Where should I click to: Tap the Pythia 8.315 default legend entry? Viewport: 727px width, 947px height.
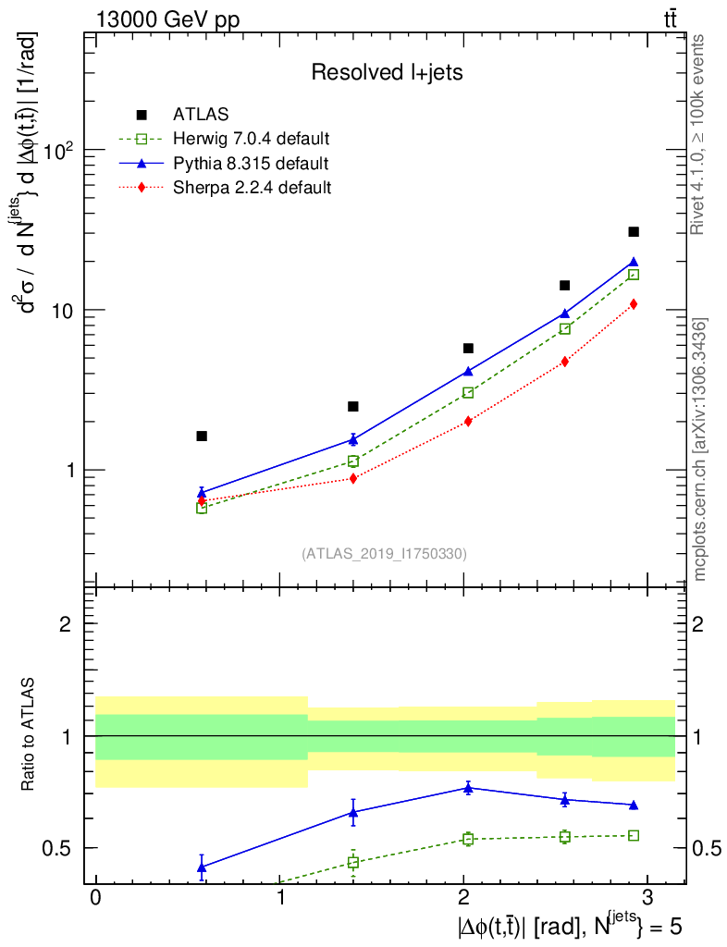pos(250,165)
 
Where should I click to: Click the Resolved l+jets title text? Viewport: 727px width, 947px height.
pos(387,73)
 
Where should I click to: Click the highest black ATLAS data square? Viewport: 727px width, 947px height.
pos(634,231)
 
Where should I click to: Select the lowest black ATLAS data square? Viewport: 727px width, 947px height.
pos(202,436)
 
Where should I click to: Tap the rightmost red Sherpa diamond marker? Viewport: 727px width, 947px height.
pos(634,304)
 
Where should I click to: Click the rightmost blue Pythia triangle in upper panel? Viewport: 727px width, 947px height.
pos(634,263)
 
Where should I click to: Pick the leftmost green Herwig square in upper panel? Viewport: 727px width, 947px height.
pos(202,508)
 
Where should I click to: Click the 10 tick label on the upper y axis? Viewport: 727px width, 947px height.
pos(63,310)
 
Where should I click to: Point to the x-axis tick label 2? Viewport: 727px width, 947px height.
pos(463,896)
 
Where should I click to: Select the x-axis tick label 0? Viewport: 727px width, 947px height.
pos(95,896)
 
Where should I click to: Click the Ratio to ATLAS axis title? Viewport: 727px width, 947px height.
pos(30,735)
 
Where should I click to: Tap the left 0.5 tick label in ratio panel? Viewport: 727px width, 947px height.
pos(60,848)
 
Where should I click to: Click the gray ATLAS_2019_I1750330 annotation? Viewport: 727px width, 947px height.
pos(384,554)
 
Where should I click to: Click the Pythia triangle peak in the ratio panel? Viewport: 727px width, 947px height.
pos(468,788)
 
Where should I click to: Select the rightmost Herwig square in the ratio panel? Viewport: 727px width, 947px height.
pos(634,835)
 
